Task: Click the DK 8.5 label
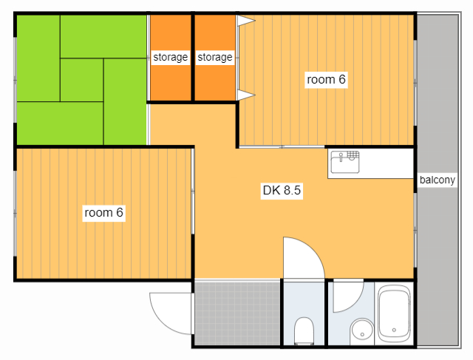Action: tap(282, 191)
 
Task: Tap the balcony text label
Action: tap(437, 180)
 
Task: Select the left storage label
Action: tap(171, 57)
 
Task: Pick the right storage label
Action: tap(215, 57)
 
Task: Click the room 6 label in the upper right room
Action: tap(326, 80)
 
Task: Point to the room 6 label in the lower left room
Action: tap(103, 213)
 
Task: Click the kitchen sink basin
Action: tap(345, 162)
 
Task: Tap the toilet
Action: tap(304, 330)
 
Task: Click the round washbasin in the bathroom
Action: tap(361, 332)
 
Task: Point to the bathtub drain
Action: tap(394, 330)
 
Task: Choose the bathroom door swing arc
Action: tap(355, 304)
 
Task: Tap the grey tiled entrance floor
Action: tap(237, 313)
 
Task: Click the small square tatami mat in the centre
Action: tap(82, 80)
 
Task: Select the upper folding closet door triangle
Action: tap(246, 21)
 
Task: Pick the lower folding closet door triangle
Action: tap(246, 95)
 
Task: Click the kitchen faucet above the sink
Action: tap(341, 157)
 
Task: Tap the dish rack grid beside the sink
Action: tap(353, 156)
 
